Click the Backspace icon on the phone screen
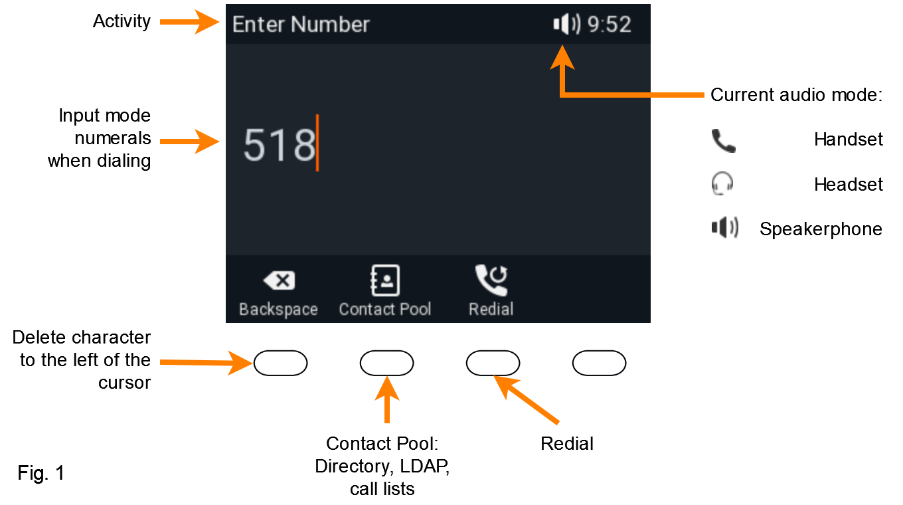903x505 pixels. click(x=279, y=280)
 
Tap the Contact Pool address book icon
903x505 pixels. click(x=385, y=280)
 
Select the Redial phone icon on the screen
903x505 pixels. click(x=491, y=280)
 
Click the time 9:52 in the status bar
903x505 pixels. click(x=609, y=24)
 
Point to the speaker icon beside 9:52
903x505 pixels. click(x=567, y=24)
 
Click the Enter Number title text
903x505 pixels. click(x=301, y=24)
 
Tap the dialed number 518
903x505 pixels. click(x=279, y=145)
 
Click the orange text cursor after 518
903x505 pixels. click(x=317, y=143)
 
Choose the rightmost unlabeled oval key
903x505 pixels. click(x=599, y=363)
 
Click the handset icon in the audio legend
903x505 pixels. click(x=724, y=141)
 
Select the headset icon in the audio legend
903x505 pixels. click(x=722, y=183)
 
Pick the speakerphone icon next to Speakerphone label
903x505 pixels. click(x=725, y=227)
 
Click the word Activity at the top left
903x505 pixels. click(x=122, y=21)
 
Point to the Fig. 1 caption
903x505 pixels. click(x=41, y=472)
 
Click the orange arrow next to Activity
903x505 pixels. click(x=189, y=22)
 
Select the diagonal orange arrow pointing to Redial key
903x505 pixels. click(x=527, y=400)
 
